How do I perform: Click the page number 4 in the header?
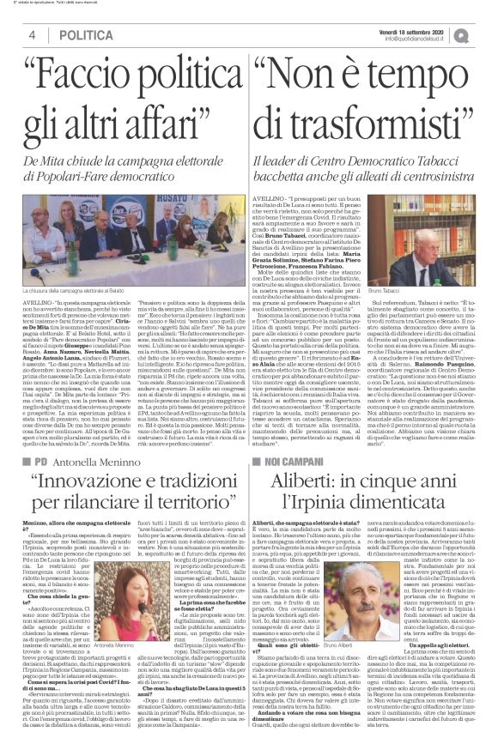(31, 34)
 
